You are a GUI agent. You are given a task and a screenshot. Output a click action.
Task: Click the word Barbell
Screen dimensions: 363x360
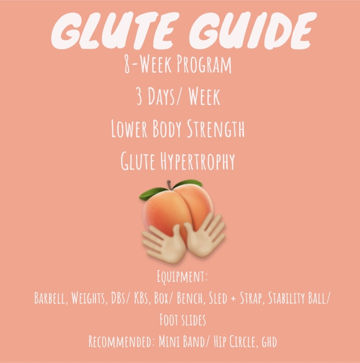point(51,298)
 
